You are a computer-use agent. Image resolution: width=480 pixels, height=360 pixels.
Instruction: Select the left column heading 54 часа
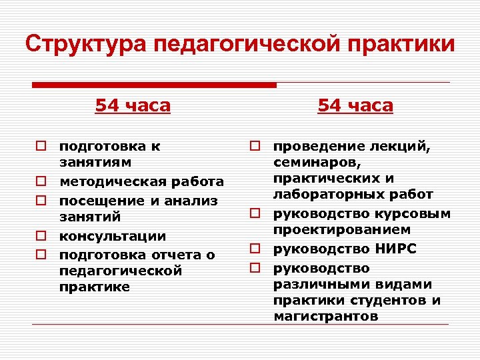tap(133, 105)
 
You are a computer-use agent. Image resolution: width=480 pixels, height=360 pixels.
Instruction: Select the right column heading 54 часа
tap(355, 105)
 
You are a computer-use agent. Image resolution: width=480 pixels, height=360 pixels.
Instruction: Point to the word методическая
tap(111, 182)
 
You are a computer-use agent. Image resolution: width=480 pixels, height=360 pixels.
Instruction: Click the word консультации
tap(113, 237)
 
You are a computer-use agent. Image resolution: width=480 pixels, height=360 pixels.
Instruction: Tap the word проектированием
tap(335, 230)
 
